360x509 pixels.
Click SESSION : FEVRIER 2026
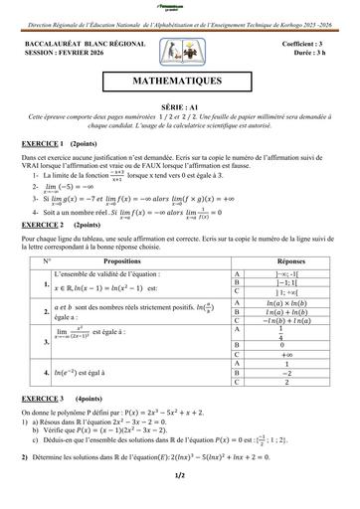[64, 55]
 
